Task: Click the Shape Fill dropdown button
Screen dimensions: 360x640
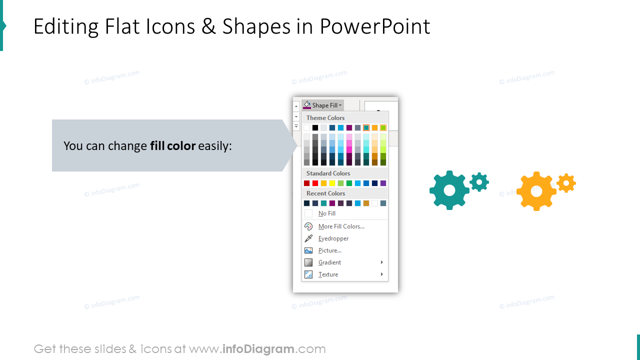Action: (323, 105)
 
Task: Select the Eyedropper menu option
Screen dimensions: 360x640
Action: (333, 238)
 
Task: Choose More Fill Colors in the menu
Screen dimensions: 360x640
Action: (341, 226)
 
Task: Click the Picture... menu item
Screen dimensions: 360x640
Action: (329, 250)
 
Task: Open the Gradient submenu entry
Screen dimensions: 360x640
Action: (329, 262)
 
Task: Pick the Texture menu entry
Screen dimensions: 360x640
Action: (328, 274)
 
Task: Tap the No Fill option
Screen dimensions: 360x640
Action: (326, 213)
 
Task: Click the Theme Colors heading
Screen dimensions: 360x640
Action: (325, 118)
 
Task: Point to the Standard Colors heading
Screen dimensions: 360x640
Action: (328, 173)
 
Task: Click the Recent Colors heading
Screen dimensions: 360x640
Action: (325, 193)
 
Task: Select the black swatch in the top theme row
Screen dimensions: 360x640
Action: (315, 128)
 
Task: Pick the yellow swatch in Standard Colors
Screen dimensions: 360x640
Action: (332, 183)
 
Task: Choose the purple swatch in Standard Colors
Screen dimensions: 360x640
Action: (383, 183)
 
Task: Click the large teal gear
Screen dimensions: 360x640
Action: (448, 190)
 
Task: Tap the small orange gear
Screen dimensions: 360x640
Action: (566, 183)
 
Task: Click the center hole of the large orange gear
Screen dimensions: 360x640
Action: (536, 191)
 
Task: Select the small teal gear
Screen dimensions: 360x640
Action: (479, 182)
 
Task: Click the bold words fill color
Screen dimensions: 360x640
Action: (172, 146)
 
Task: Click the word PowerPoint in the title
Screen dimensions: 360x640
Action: (375, 26)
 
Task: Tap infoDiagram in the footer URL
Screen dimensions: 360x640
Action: (257, 349)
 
